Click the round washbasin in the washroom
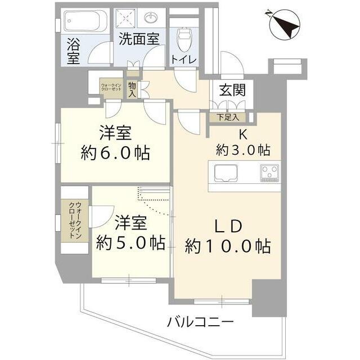point(151,19)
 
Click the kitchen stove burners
point(270,172)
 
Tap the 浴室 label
point(74,50)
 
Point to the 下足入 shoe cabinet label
point(228,117)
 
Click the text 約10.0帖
point(228,246)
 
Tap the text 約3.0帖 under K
point(244,150)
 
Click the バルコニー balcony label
point(200,322)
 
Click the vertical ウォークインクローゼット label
point(74,221)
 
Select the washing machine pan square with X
point(127,20)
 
